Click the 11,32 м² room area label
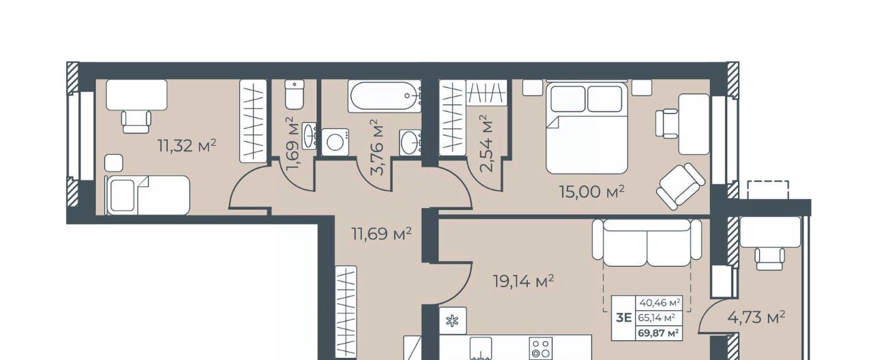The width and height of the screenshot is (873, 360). tap(187, 146)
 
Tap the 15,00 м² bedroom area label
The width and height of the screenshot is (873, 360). tap(591, 192)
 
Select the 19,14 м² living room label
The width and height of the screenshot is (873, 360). tap(523, 282)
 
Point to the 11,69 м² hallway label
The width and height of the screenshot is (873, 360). tap(381, 234)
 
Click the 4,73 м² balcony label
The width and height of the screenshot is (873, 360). tap(756, 318)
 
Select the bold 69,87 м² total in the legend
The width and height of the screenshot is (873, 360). tap(659, 333)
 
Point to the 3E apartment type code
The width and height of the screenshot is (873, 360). tap(623, 318)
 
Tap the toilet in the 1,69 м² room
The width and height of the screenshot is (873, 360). tap(294, 95)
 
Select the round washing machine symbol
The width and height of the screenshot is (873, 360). tap(335, 142)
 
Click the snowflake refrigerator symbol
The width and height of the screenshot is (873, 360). tap(452, 321)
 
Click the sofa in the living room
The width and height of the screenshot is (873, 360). tap(647, 242)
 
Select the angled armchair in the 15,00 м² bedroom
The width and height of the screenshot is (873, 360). tap(681, 187)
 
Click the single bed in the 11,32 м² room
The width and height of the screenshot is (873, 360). tap(148, 195)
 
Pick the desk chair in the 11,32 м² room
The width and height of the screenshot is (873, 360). tap(136, 122)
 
